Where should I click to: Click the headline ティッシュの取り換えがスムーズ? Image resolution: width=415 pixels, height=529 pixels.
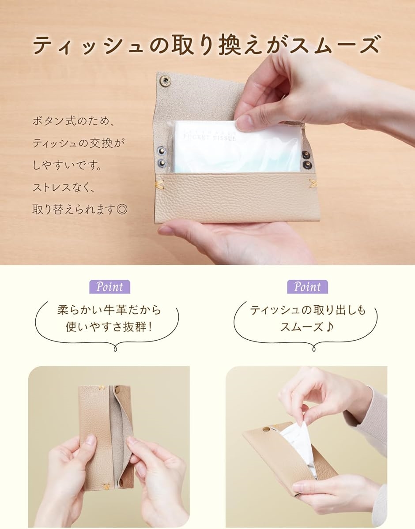(207, 45)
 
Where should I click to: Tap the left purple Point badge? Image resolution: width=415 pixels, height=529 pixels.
(109, 287)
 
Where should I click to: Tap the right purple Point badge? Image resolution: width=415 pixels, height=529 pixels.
(307, 287)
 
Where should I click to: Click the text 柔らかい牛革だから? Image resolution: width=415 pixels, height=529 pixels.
(109, 309)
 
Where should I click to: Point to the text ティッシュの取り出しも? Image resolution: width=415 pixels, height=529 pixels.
(308, 310)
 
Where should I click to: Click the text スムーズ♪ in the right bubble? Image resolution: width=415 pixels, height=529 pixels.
(308, 327)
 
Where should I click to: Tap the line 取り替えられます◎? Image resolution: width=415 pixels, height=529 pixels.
(80, 209)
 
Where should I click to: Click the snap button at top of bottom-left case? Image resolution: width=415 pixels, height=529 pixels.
(118, 390)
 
